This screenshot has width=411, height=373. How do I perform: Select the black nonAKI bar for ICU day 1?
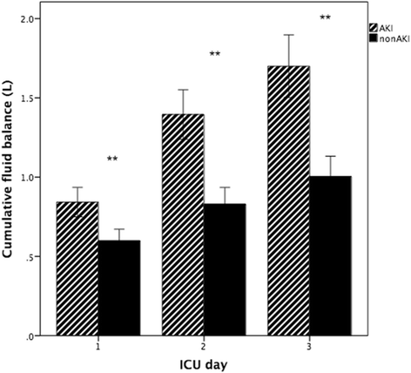(x=119, y=288)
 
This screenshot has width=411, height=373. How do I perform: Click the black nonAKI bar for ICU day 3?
(x=330, y=256)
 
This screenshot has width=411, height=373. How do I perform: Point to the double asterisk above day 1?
(x=112, y=159)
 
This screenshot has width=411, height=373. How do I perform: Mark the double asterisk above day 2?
(x=216, y=55)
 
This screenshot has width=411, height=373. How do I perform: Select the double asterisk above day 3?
(x=326, y=17)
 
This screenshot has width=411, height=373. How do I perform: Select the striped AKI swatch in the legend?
(x=374, y=28)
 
